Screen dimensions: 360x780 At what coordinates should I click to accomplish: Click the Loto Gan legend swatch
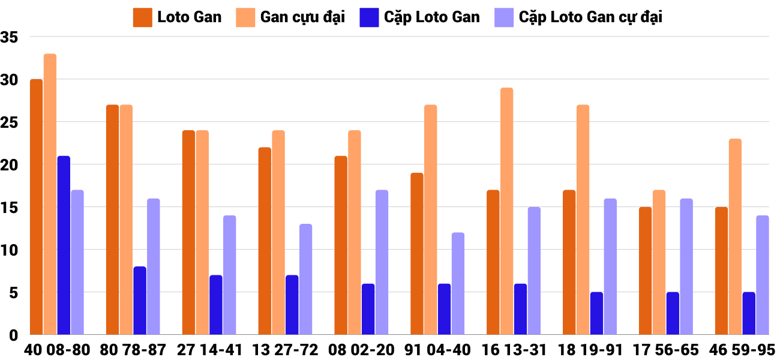(x=142, y=17)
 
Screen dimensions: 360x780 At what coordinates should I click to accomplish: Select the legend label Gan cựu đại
(x=302, y=17)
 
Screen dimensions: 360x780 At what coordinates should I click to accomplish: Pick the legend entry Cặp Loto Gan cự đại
(x=590, y=17)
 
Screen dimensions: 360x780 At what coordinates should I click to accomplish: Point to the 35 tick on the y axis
(x=10, y=37)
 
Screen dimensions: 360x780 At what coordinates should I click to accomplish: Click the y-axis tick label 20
(x=10, y=165)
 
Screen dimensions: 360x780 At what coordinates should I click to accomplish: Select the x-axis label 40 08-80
(x=57, y=350)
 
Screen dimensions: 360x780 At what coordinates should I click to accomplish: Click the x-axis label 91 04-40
(x=437, y=350)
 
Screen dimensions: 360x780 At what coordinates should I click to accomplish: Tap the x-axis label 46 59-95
(x=742, y=350)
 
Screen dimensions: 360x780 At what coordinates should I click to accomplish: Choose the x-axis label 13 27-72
(x=285, y=350)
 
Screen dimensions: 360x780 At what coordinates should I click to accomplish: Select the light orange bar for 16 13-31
(x=507, y=211)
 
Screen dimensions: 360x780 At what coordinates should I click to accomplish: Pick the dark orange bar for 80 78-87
(x=112, y=220)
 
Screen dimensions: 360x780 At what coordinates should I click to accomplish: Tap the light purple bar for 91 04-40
(x=458, y=283)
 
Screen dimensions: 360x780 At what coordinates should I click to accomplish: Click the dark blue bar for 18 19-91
(x=596, y=313)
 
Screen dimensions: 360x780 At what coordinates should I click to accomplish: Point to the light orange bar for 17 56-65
(x=659, y=262)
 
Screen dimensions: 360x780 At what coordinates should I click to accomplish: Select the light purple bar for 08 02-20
(x=382, y=262)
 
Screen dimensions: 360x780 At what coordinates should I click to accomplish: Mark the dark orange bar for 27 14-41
(x=188, y=232)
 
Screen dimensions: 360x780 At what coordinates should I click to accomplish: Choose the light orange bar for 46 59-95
(x=735, y=236)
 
